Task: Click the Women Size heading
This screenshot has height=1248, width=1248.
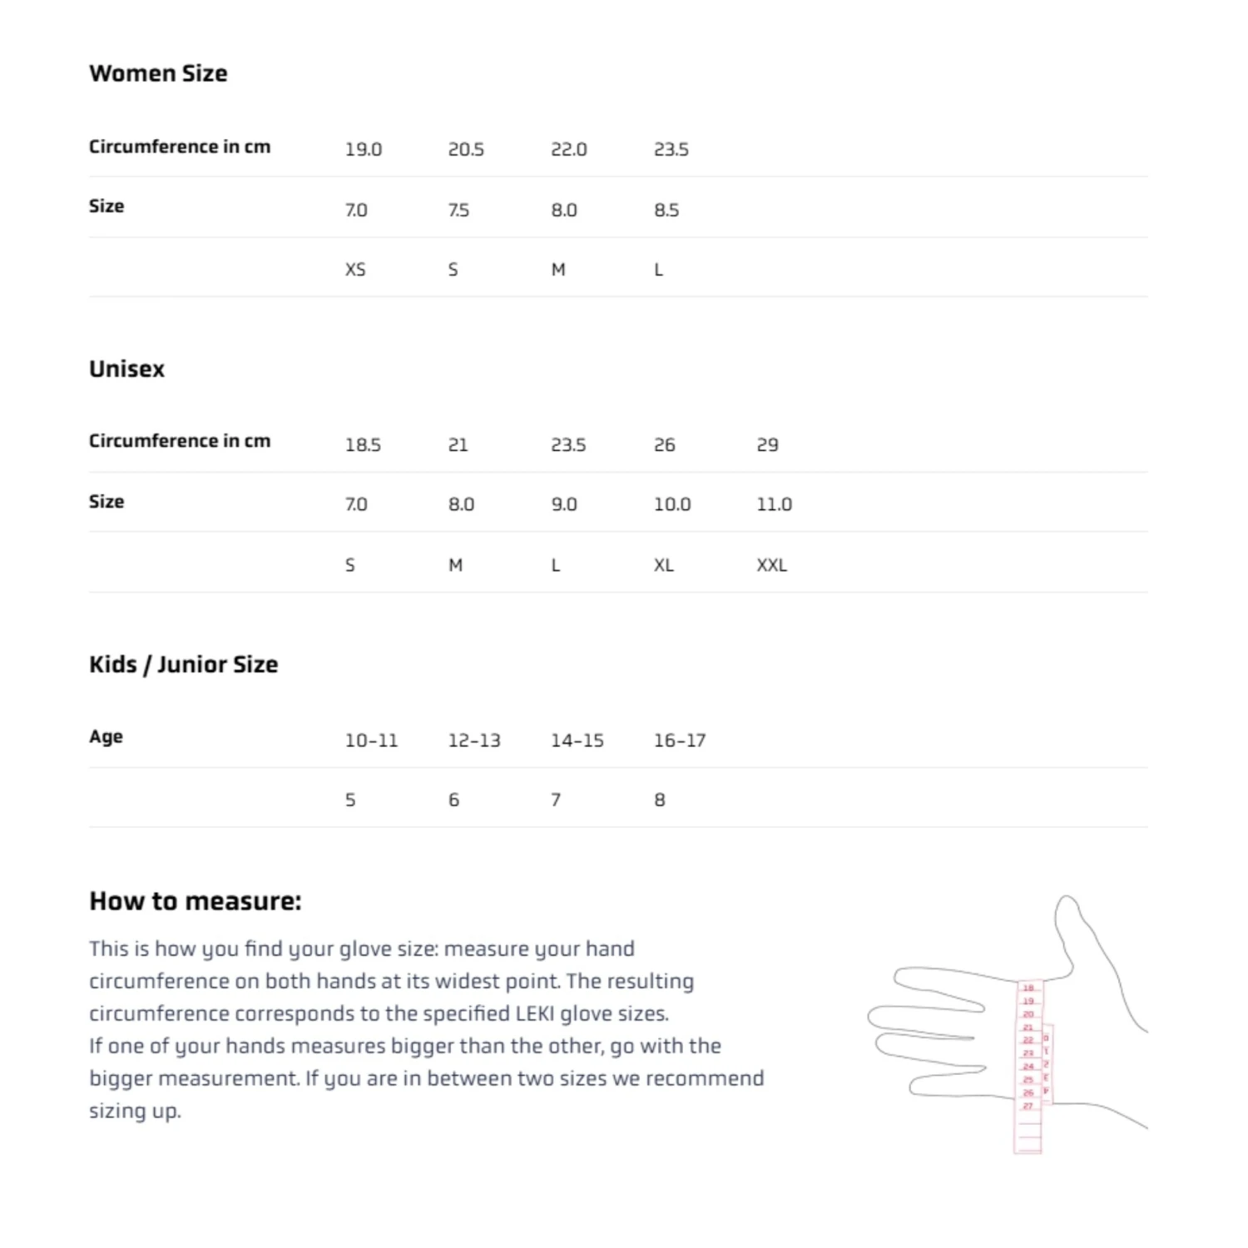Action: [158, 73]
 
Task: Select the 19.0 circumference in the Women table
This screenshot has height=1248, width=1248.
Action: [363, 150]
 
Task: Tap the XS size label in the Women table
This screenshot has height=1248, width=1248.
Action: [355, 270]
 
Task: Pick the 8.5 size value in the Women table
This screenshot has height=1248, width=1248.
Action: [666, 210]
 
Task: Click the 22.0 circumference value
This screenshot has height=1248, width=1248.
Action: [568, 150]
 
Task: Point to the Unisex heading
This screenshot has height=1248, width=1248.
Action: [126, 369]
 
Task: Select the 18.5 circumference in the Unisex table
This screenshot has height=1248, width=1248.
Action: [363, 445]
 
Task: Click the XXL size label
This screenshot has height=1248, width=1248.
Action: [771, 566]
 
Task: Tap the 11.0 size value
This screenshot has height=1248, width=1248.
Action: [774, 504]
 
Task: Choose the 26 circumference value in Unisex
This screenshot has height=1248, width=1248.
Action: [664, 445]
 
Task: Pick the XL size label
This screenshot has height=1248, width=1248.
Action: [663, 566]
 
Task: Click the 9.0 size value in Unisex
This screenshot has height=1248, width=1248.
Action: [563, 504]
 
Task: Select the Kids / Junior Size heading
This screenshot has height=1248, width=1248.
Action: [183, 664]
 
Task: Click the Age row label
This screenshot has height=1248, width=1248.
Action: [106, 737]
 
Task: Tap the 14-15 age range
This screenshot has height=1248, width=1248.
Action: [577, 740]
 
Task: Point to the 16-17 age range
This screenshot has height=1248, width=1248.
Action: [679, 740]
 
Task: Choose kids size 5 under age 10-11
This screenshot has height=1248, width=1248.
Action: [350, 800]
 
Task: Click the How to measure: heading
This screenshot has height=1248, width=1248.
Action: [195, 901]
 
